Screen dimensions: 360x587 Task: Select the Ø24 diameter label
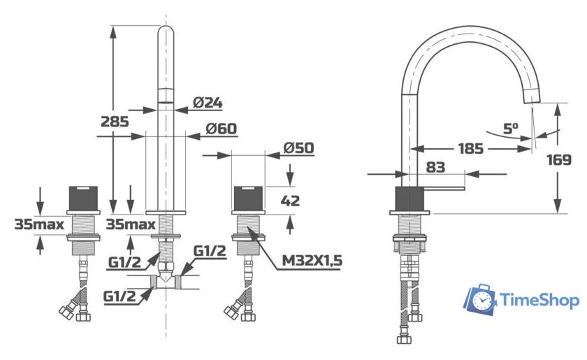tap(208, 103)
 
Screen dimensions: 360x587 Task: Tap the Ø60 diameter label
tap(222, 129)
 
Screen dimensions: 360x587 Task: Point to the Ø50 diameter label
tap(299, 148)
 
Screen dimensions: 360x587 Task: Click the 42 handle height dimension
tap(290, 201)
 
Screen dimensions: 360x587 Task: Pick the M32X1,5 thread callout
tap(312, 262)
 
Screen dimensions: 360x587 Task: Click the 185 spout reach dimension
tap(471, 148)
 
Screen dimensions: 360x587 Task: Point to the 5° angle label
tap(511, 129)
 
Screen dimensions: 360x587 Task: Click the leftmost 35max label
tap(39, 224)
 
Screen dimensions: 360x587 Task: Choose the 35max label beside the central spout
tap(131, 224)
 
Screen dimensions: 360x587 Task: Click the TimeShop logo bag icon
tap(481, 299)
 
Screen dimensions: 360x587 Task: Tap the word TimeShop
tap(539, 301)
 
